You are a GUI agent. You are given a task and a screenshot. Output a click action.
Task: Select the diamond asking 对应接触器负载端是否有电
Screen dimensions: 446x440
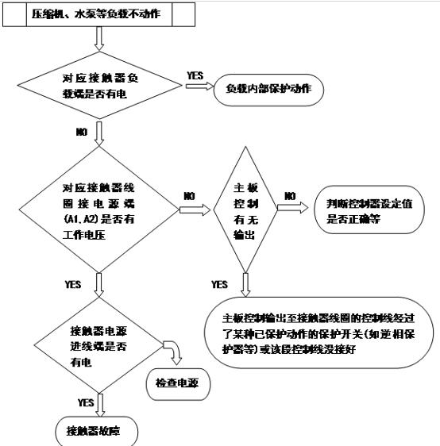click(97, 87)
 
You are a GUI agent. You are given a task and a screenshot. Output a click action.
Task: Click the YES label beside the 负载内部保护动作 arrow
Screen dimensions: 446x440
click(195, 75)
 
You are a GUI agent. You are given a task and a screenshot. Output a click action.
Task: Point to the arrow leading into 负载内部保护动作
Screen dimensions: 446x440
click(194, 88)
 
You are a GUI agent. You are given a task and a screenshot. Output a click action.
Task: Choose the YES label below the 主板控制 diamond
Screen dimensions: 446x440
click(220, 284)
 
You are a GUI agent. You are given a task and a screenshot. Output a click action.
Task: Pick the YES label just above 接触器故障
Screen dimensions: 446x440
click(86, 402)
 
